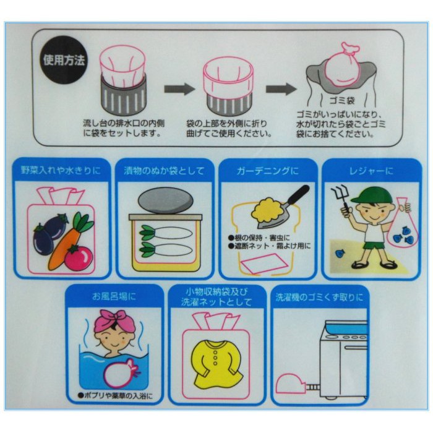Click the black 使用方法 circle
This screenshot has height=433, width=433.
(64, 60)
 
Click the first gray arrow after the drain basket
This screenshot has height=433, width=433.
(179, 89)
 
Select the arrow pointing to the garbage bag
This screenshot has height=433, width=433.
(281, 89)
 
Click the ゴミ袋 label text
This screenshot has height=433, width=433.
(342, 100)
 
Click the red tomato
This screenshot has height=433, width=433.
(79, 258)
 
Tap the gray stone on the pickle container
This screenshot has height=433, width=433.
(165, 201)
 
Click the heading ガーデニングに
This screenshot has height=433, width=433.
(268, 171)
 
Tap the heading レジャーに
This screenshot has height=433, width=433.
(371, 171)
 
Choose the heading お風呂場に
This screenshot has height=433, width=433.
(114, 297)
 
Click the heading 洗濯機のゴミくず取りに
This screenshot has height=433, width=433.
(320, 298)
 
